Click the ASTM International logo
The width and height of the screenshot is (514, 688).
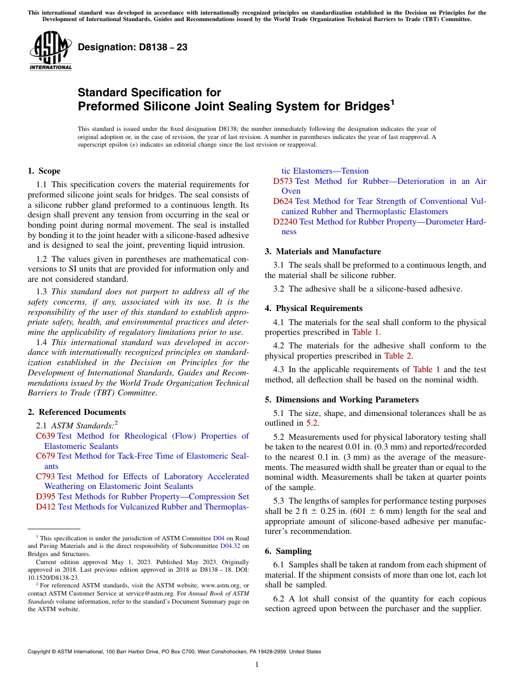(50, 50)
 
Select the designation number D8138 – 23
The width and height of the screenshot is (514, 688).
(133, 47)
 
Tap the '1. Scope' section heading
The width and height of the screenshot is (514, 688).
(44, 171)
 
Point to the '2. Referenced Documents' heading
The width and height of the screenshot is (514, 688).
(76, 412)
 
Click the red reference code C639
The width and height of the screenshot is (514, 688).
(45, 436)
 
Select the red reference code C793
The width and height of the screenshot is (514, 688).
(45, 477)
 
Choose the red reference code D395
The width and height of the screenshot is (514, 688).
(46, 497)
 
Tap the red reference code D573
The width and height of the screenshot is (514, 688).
(282, 181)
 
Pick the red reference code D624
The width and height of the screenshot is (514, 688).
(283, 201)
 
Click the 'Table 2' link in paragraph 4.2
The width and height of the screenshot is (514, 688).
(398, 356)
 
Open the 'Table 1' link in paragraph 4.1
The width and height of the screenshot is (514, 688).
(366, 332)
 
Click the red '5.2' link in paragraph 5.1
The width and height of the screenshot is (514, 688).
(312, 423)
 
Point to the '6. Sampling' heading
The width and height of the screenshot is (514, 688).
(288, 551)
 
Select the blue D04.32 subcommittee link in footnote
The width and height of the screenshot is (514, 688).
(230, 546)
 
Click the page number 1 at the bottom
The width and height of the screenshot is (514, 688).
(257, 664)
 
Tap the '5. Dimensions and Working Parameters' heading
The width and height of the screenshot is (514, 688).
(341, 400)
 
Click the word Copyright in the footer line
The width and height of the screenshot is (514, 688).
(40, 652)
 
